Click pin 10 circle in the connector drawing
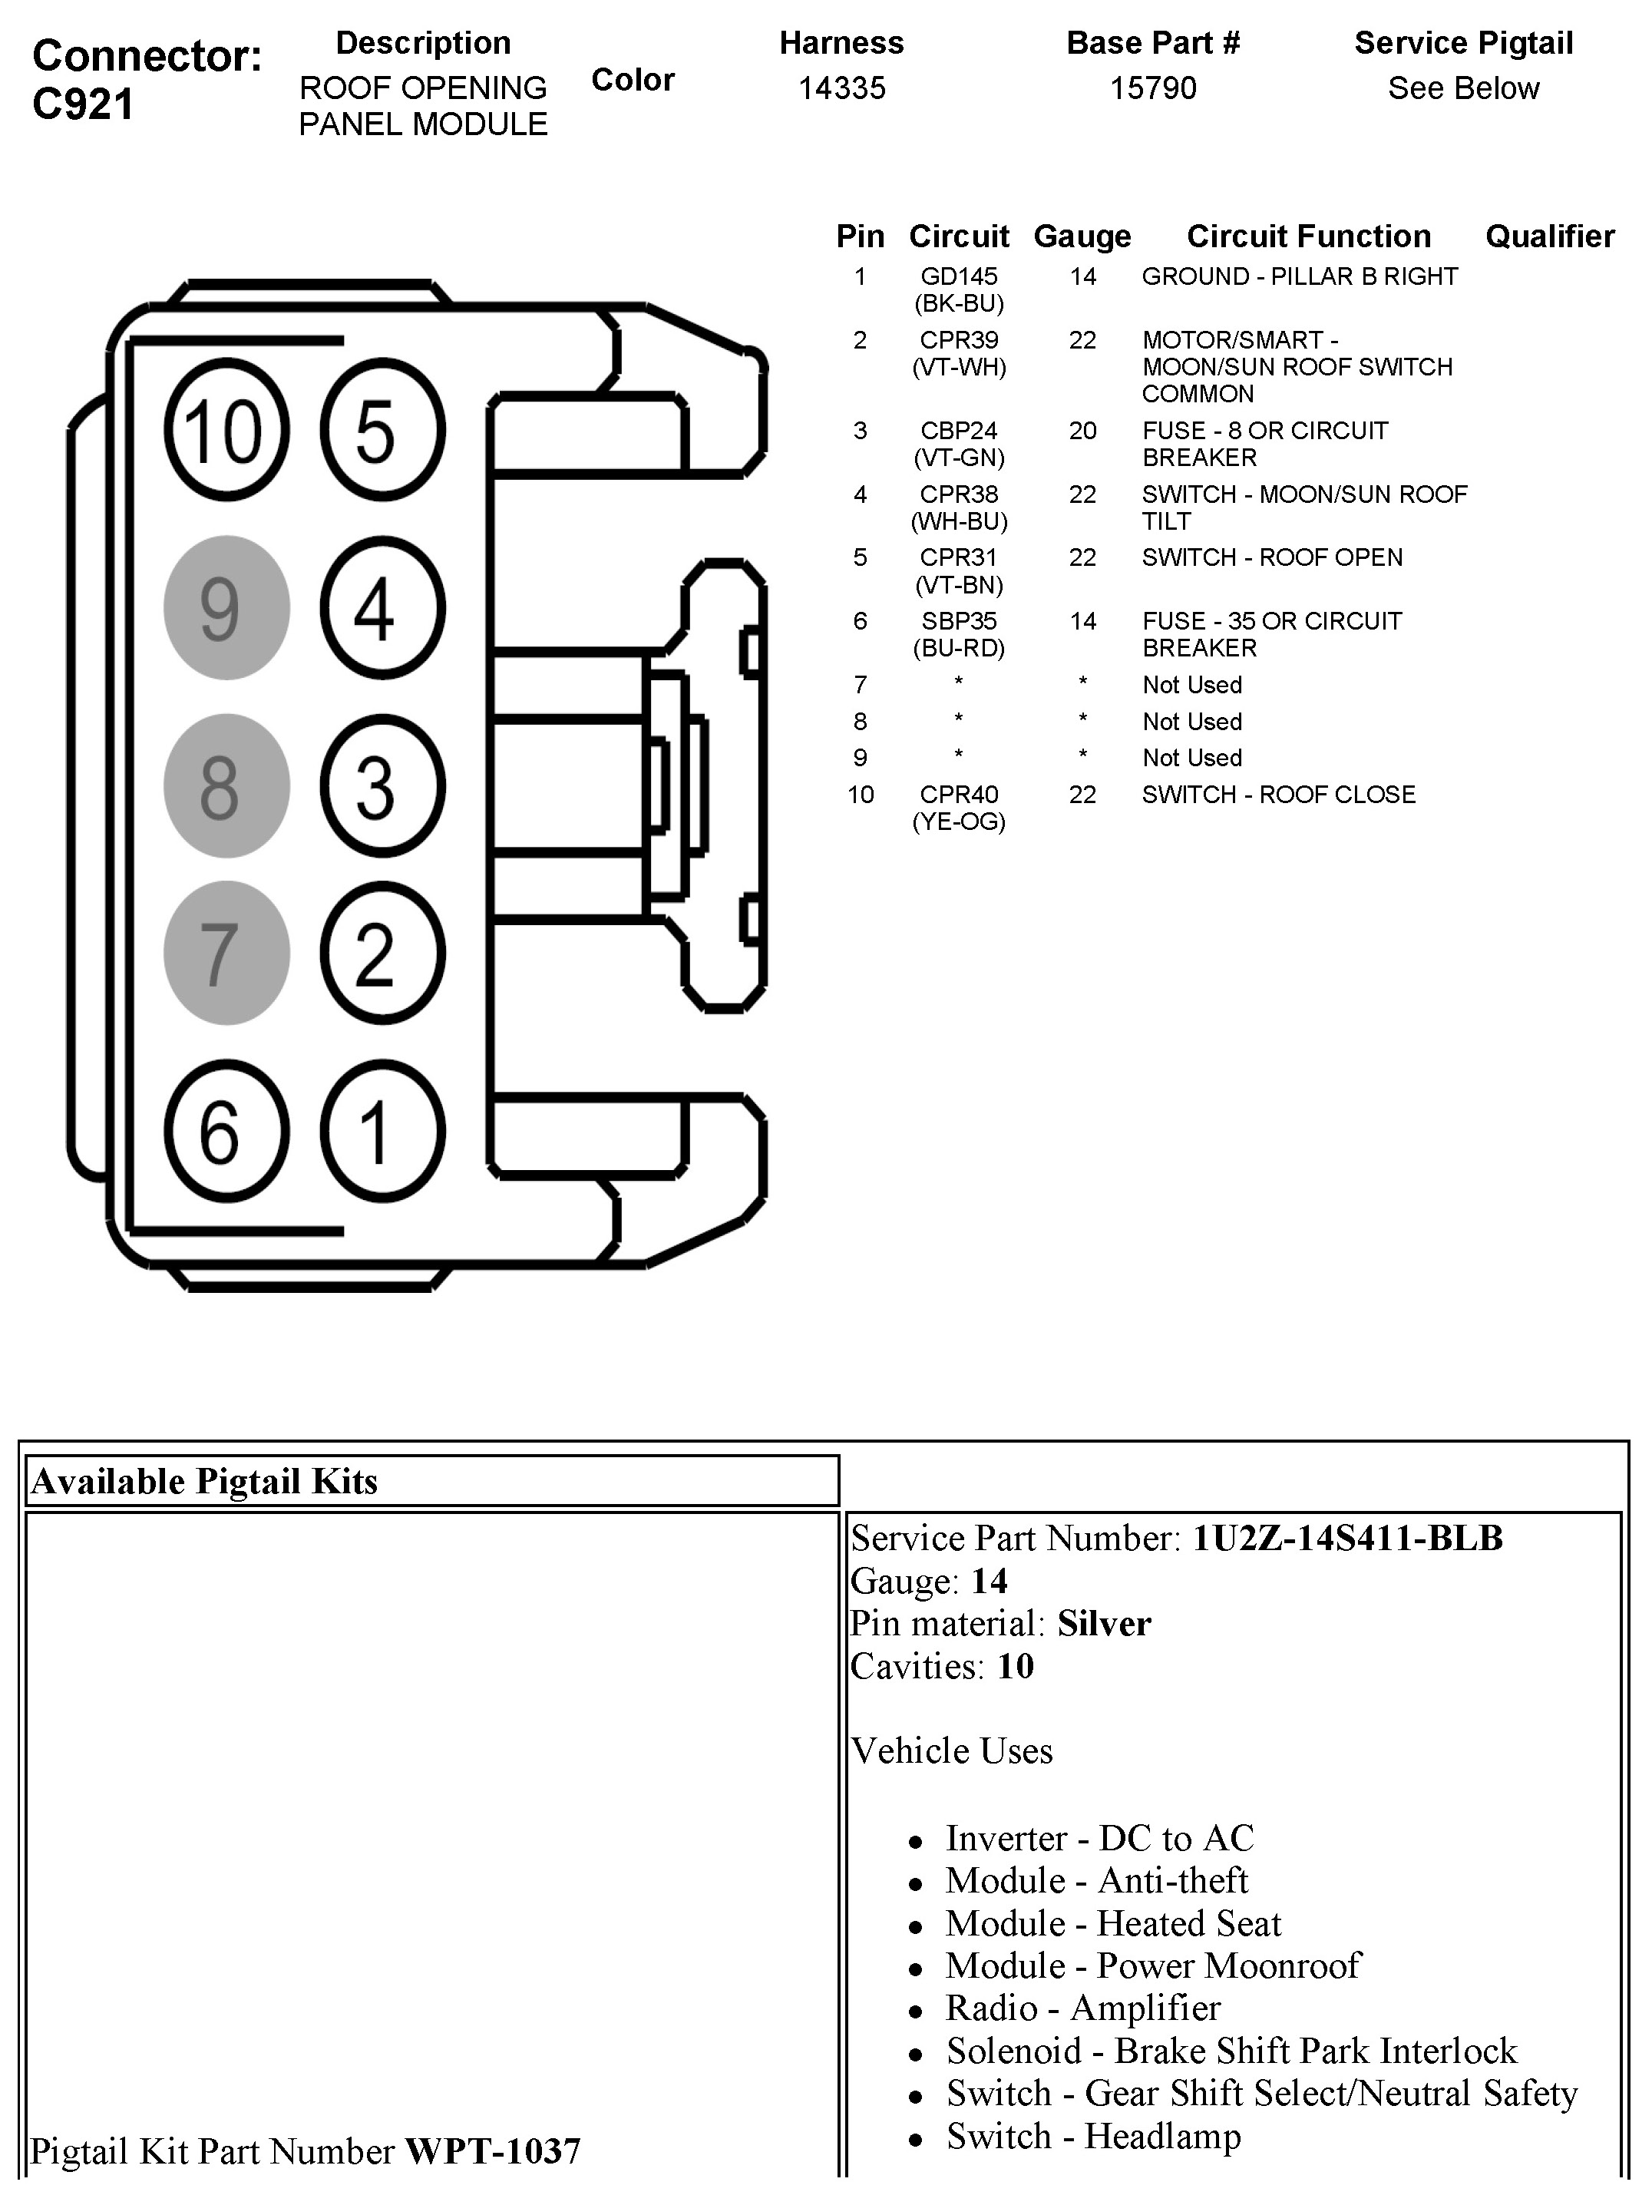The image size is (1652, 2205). (x=226, y=431)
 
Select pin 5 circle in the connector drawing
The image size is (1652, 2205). (x=382, y=431)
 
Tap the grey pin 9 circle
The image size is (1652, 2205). (x=226, y=608)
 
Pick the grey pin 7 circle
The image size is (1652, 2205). (x=226, y=953)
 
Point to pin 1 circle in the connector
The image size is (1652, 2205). (x=382, y=1132)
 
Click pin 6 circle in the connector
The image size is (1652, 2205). (x=226, y=1132)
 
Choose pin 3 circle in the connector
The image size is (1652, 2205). (x=382, y=786)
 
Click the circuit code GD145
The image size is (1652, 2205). (x=958, y=276)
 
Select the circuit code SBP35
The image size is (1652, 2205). (x=958, y=621)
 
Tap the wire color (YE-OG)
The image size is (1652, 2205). (x=958, y=822)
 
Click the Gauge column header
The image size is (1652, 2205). (x=1082, y=236)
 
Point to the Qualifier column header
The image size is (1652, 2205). (x=1549, y=236)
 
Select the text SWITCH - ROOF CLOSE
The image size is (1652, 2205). (x=1278, y=795)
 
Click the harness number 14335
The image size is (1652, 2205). (x=841, y=88)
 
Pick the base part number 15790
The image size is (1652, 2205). (x=1152, y=88)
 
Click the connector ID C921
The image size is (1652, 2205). (x=83, y=104)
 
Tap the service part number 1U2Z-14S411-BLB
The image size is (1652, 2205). (x=1347, y=1538)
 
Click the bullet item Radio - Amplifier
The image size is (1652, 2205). (x=1082, y=2008)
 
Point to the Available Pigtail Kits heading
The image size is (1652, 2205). (x=204, y=1481)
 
